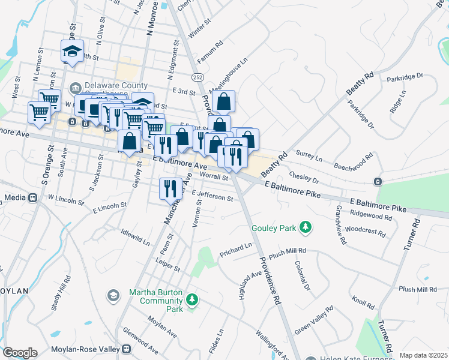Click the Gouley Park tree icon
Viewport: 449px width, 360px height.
click(x=306, y=227)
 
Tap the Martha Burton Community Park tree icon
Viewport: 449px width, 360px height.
click(x=192, y=298)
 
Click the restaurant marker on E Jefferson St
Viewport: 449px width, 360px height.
click(x=170, y=188)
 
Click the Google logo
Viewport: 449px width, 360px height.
click(x=20, y=352)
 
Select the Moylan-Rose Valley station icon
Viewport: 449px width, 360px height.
click(x=126, y=349)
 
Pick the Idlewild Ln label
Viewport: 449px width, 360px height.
click(x=135, y=236)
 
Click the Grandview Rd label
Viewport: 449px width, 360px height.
click(x=340, y=224)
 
